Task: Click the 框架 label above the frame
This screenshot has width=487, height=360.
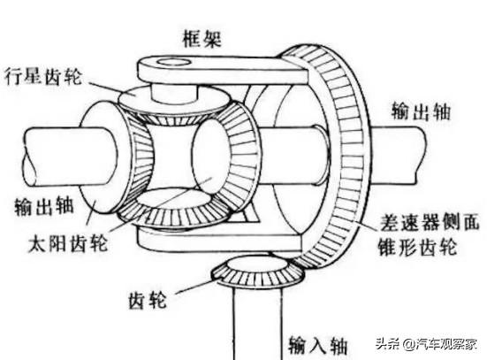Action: pos(202,39)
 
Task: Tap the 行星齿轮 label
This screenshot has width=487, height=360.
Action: pos(43,75)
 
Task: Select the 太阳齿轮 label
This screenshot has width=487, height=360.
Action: pos(68,243)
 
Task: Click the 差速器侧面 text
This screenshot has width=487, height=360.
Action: pos(430,222)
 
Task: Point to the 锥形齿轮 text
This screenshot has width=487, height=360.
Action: pos(417,247)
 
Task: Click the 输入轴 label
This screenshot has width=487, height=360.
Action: pos(317,345)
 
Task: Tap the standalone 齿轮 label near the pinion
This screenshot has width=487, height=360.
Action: pos(148,300)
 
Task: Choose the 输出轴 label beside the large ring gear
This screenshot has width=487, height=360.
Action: pos(421,111)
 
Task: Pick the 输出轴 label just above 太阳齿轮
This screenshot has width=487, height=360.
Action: pos(44,206)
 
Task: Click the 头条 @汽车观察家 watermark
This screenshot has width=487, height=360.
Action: pos(426,343)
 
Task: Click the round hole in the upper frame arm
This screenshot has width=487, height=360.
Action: pos(174,61)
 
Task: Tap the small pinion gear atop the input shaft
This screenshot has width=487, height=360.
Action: pos(257,272)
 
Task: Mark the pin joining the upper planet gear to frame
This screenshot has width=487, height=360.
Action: pos(174,93)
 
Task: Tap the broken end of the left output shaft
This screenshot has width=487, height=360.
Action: pos(30,157)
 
